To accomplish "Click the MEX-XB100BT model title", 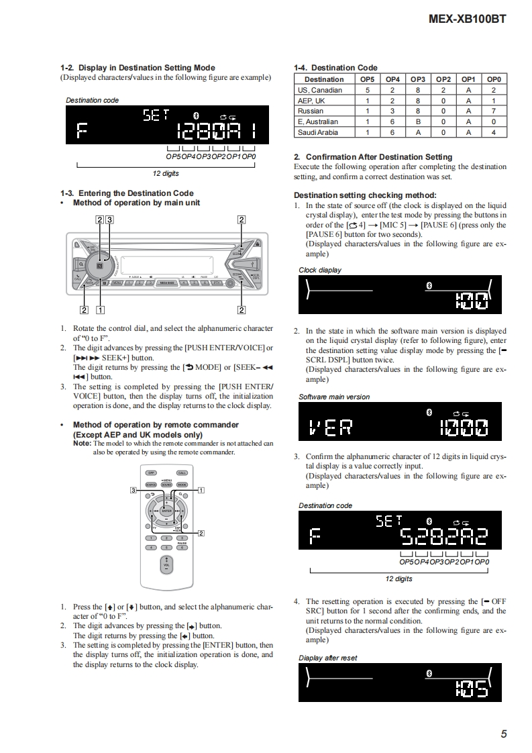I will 467,19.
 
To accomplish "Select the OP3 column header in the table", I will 418,79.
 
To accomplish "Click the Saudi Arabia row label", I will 318,132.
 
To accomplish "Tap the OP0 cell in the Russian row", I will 493,111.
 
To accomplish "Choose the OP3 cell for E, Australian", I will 418,121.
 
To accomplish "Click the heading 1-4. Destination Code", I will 335,68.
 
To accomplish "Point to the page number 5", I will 503,734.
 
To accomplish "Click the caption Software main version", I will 334,397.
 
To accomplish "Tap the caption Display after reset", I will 327,658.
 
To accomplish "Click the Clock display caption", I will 319,270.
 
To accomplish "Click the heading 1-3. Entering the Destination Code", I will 127,193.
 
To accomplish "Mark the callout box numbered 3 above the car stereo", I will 109,219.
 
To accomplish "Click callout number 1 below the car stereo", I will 101,310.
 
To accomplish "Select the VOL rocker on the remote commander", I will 166,566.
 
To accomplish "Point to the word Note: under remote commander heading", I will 82,444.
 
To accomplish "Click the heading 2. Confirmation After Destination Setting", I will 373,157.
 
